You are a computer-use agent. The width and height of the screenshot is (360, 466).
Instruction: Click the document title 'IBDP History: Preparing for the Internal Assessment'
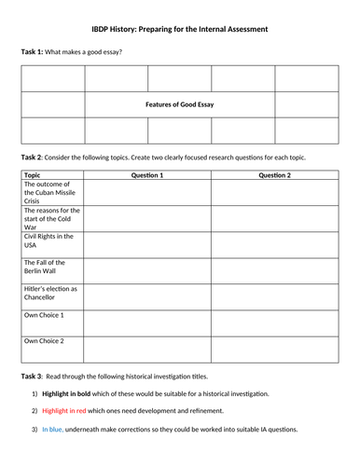180,29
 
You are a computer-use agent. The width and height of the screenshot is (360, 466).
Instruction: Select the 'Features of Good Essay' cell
180,104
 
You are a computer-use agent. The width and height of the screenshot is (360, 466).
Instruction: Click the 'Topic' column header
32,174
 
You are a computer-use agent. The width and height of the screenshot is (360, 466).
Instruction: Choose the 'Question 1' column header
147,174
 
